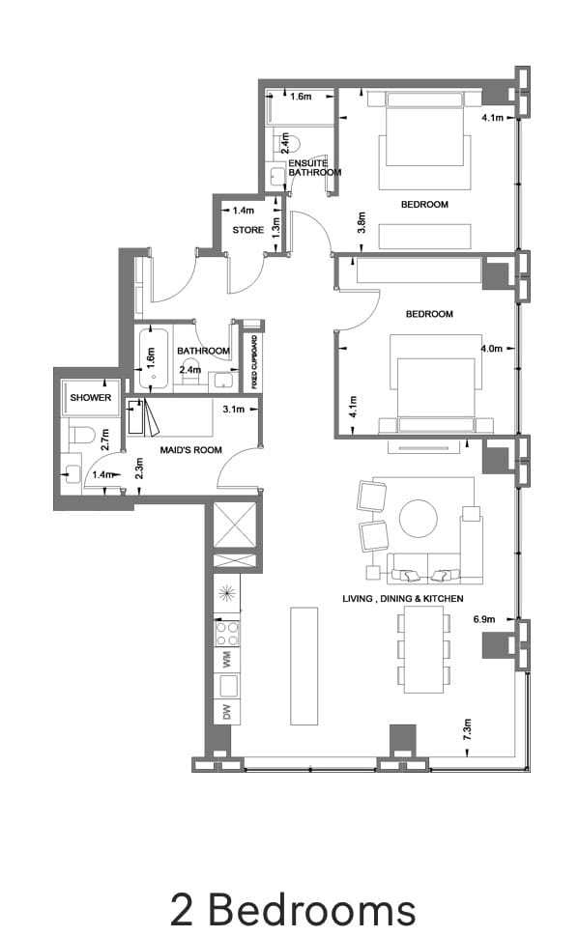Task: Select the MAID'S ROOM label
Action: (190, 450)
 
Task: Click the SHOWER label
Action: (90, 398)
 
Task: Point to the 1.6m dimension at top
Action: (300, 97)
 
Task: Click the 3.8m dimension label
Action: (361, 223)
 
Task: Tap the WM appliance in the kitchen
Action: (227, 661)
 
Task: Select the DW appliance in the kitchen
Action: (227, 713)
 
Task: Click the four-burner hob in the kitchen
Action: (227, 634)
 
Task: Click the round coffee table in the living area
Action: (419, 517)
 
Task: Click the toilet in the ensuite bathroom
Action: (284, 142)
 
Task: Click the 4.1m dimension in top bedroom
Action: (492, 119)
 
